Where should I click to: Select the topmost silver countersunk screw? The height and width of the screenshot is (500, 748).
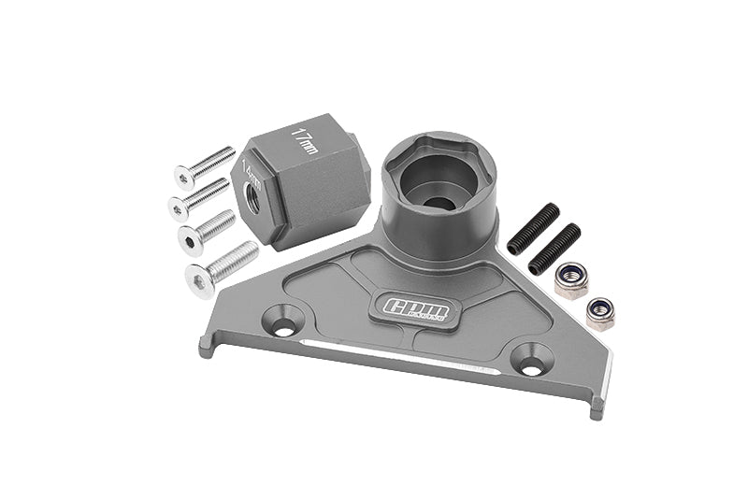coord(204,166)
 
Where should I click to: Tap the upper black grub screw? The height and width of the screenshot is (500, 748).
coord(534,229)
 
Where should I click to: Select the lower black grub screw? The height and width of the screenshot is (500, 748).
coord(554,250)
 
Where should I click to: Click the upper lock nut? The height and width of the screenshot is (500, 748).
coord(570,279)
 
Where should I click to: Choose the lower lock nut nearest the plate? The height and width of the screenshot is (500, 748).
coord(599,312)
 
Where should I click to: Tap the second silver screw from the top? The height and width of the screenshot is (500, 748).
coord(199,195)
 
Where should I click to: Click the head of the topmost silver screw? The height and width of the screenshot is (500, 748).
coord(183,176)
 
